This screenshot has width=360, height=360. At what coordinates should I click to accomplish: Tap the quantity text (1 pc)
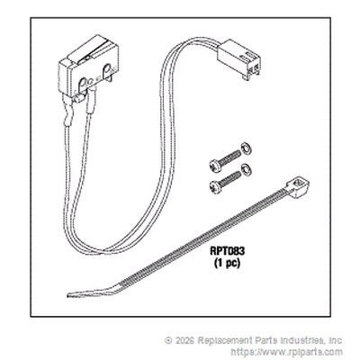[x=228, y=264]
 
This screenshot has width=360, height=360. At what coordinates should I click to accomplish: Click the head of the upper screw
[x=215, y=166]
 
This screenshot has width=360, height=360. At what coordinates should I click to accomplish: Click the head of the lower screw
[x=216, y=187]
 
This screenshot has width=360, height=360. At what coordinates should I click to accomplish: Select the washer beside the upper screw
[x=247, y=149]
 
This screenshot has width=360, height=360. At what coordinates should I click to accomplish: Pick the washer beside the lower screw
[x=247, y=169]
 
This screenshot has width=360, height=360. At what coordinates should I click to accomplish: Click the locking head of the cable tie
[x=298, y=189]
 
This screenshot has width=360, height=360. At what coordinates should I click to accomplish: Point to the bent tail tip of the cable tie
[x=68, y=295]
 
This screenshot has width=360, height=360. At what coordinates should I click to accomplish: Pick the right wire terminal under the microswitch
[x=91, y=101]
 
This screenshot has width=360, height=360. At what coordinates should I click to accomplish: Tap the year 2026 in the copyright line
[x=184, y=341]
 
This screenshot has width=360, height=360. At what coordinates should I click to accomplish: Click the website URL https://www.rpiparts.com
[x=286, y=352]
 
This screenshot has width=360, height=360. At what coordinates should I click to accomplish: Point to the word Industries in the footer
[x=302, y=340]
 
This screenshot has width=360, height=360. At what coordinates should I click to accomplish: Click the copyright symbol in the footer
[x=169, y=341]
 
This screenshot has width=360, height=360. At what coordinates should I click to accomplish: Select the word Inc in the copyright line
[x=336, y=340]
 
